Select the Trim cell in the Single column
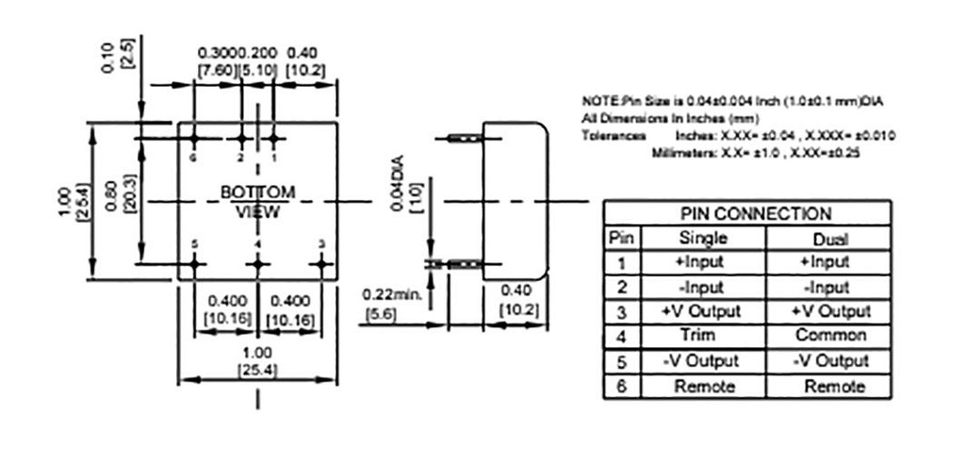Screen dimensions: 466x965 (x=696, y=335)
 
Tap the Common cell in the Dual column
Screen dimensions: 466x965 (x=830, y=335)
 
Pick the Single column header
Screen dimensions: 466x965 (x=696, y=239)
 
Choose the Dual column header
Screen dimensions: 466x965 (x=830, y=239)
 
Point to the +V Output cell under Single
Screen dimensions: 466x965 (x=696, y=310)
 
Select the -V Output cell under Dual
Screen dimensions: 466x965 (x=830, y=360)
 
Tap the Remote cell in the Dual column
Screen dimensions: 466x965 (x=830, y=386)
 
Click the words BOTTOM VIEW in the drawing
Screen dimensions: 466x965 (x=257, y=201)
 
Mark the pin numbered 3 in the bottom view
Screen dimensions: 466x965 (x=322, y=264)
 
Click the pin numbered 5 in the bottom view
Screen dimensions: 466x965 (x=194, y=264)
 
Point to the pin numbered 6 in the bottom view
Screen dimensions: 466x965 (x=194, y=139)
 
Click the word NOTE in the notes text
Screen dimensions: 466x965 (x=597, y=101)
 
